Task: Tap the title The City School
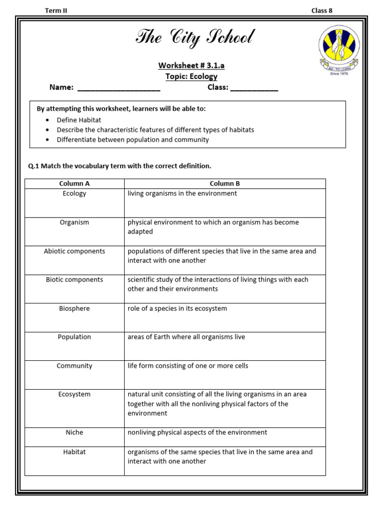coord(195,38)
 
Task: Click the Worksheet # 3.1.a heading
coord(191,65)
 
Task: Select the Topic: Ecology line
coord(191,76)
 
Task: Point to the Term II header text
coord(56,10)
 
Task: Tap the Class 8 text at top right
coord(322,10)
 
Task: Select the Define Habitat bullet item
coord(79,120)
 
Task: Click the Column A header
coord(74,184)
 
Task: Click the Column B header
coord(225,184)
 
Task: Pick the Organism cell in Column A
coord(74,223)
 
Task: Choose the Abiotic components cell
coord(74,251)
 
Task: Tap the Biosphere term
coord(74,308)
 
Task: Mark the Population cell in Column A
coord(74,337)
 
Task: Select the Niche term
coord(74,432)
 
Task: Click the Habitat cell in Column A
coord(74,452)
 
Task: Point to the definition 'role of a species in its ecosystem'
coord(177,308)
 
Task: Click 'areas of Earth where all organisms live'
coord(186,337)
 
